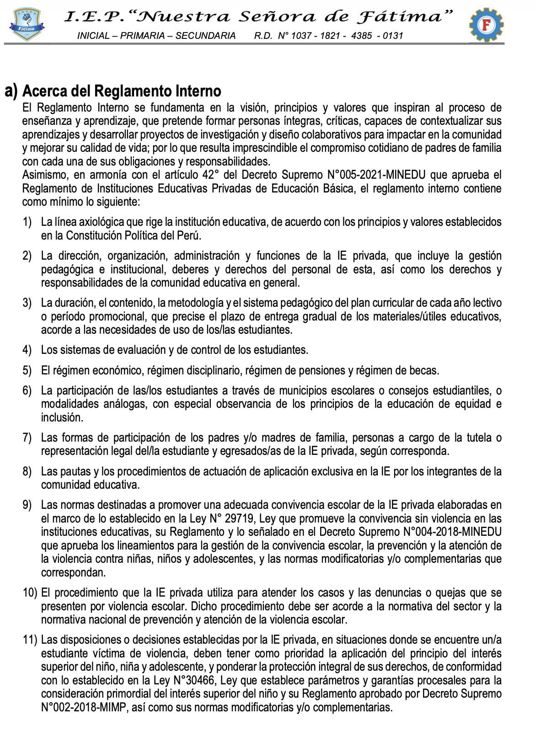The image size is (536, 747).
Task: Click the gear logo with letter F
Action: [486, 25]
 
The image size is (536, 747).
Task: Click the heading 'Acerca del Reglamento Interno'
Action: [122, 91]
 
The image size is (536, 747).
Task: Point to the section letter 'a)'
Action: [11, 91]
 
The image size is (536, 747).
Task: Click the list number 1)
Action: [27, 222]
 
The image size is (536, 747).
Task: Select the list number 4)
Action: [27, 350]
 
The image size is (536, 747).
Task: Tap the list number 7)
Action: [27, 438]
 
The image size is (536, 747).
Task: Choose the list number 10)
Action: [30, 593]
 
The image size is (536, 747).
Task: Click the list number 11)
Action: [30, 640]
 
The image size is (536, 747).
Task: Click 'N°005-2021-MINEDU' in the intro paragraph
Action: [376, 175]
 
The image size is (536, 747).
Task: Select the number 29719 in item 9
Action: [239, 519]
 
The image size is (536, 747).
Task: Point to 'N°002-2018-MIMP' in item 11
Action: [84, 708]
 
